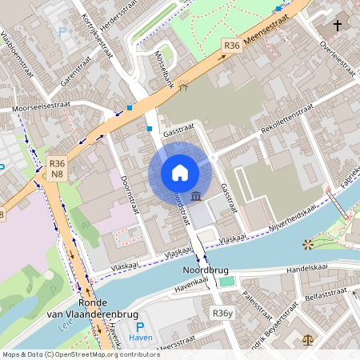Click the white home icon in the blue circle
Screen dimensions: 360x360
tap(180, 172)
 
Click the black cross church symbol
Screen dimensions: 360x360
tap(338, 26)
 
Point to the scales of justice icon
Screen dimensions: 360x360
tap(309, 339)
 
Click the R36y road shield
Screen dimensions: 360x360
tap(222, 313)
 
